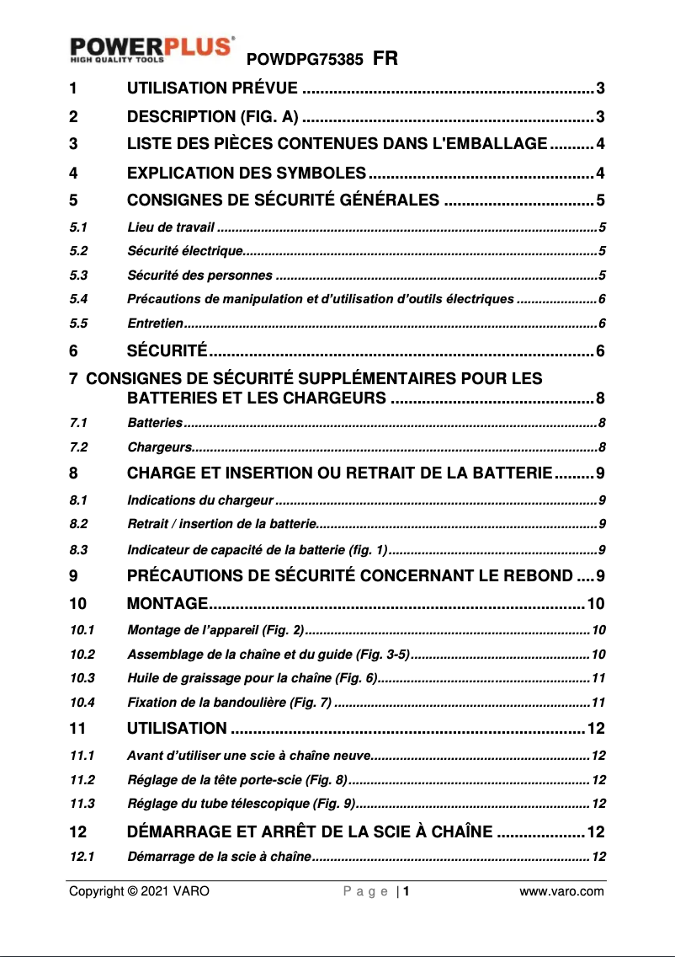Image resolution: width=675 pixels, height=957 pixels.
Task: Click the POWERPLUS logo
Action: (x=151, y=49)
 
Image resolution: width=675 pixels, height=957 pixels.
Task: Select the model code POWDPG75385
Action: (x=305, y=60)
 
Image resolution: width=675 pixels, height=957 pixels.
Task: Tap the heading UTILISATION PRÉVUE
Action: (x=211, y=88)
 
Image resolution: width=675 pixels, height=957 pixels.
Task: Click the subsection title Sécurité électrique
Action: (x=184, y=251)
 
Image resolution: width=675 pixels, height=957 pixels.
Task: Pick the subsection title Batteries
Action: (x=154, y=422)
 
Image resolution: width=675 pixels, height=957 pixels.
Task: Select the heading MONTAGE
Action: (x=167, y=603)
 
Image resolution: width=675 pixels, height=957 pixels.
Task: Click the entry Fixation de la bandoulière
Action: (x=228, y=701)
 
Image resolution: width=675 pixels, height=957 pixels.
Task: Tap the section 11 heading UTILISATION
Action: (x=176, y=728)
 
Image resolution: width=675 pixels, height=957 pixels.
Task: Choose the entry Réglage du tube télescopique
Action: (x=241, y=802)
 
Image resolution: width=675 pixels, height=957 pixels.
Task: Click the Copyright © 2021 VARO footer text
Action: (x=139, y=891)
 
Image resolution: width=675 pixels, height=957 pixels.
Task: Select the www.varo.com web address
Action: (x=561, y=891)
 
